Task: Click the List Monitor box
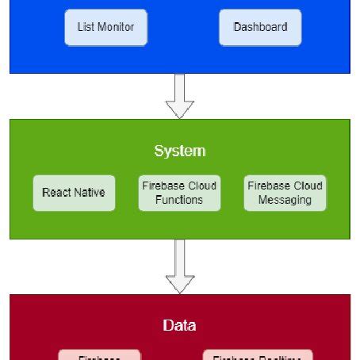[105, 27]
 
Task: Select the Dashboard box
[260, 27]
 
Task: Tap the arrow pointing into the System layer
[179, 96]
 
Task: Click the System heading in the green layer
[179, 151]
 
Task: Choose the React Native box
[74, 193]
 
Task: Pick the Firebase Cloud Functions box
[179, 193]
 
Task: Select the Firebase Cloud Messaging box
[285, 193]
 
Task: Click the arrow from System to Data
[179, 266]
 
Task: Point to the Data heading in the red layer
[179, 325]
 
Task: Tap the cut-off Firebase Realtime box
[258, 355]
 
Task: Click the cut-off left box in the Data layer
[99, 355]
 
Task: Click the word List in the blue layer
[85, 27]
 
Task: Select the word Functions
[179, 200]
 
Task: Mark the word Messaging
[285, 200]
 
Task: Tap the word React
[58, 193]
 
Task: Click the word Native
[89, 193]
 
